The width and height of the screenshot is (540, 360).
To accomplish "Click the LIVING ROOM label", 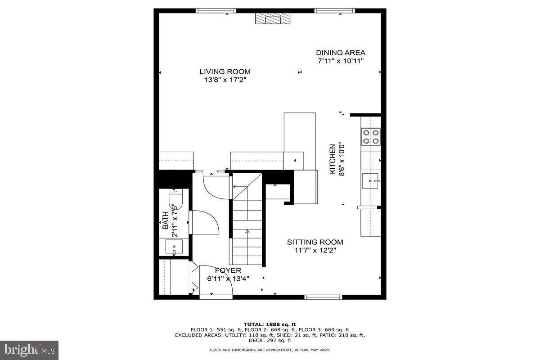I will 225,72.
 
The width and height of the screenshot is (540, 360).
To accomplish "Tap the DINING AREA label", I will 341,53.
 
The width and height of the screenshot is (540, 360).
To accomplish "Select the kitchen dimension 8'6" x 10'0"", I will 342,160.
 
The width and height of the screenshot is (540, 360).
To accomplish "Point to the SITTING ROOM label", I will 315,242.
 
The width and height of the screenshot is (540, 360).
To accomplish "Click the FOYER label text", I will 228,270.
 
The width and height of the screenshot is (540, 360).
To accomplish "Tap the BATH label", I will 165,220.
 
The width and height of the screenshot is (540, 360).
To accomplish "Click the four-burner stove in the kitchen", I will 371,136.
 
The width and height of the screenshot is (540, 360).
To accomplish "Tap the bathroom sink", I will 174,247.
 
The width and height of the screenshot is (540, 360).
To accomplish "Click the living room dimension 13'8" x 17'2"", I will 225,80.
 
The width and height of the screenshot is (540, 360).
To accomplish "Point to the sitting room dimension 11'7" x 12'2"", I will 315,251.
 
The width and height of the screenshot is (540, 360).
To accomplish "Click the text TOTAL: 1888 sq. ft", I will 270,324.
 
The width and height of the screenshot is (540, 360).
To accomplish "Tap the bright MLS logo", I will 29,350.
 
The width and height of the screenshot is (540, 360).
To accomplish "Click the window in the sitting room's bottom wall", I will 324,297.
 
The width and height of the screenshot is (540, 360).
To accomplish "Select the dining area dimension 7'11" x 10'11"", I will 341,61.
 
